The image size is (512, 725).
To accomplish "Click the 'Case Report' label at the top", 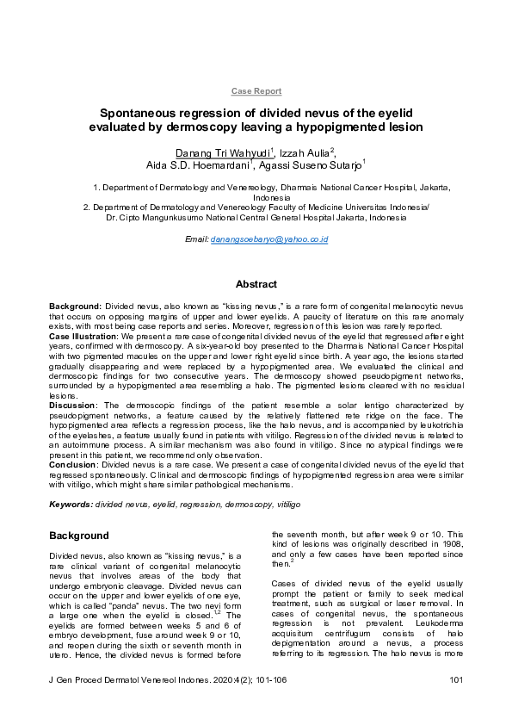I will (x=256, y=90).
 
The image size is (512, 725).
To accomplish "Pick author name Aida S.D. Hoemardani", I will (x=197, y=164).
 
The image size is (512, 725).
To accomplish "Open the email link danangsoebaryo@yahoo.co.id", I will (x=269, y=239).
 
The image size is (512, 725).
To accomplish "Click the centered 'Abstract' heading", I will (x=256, y=284).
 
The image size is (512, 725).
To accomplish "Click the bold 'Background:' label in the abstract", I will (x=75, y=307).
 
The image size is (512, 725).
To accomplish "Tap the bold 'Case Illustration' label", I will (x=82, y=336).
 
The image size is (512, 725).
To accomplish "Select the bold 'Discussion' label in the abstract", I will (x=72, y=404).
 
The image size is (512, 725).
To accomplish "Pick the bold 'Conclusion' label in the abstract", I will (x=74, y=464).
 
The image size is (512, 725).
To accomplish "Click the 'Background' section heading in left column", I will (x=78, y=536).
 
